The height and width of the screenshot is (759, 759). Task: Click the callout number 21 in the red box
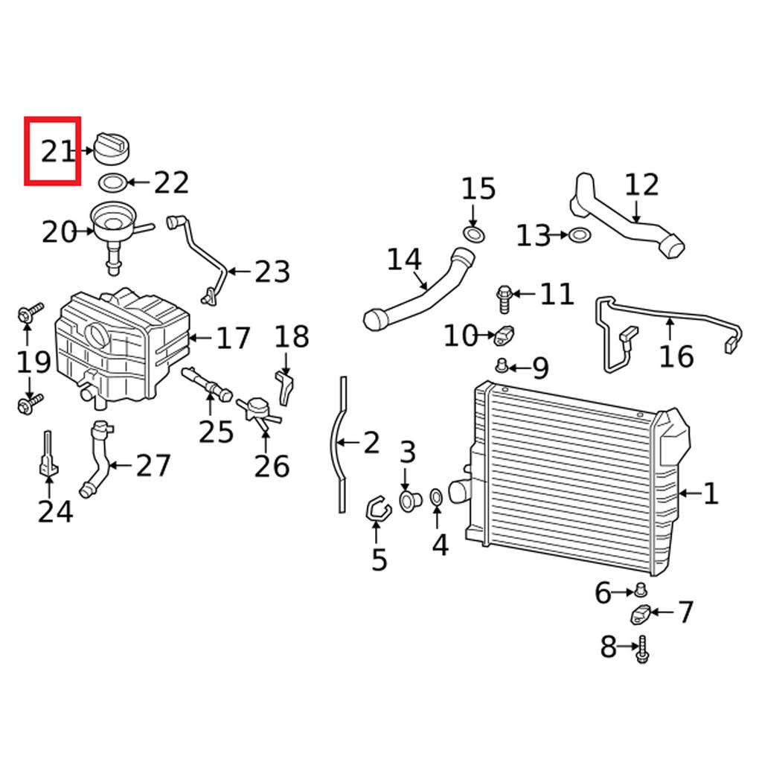point(58,152)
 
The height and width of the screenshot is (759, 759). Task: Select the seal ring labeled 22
point(112,182)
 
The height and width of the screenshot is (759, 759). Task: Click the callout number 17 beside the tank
point(233,339)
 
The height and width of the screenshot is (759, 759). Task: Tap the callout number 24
point(55,511)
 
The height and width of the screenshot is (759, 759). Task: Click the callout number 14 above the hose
point(404,260)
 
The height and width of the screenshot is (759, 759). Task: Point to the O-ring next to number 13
point(580,236)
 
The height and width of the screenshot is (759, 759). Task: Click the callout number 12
point(641,185)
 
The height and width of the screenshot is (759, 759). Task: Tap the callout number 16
point(676,356)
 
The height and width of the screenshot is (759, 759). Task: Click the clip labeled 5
point(378,510)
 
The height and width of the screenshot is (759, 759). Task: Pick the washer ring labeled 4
point(438,497)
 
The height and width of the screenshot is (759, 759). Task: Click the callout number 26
point(272,466)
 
